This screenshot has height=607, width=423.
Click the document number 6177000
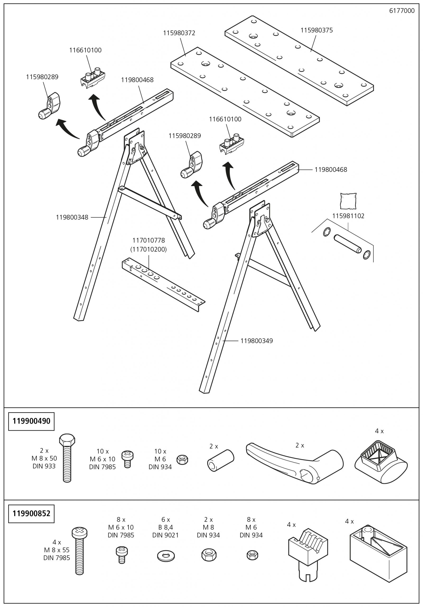pos(402,11)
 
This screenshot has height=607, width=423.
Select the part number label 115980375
pos(316,30)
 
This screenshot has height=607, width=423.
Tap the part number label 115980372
pos(179,33)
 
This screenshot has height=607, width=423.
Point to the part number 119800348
pos(72,217)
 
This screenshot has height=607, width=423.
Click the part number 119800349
pos(256,341)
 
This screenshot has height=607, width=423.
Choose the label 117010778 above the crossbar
pos(149,240)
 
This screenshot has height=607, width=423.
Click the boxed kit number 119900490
pos(32,421)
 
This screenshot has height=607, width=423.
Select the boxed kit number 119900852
pos(32,513)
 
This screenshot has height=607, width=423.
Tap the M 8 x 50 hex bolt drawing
pos(67,459)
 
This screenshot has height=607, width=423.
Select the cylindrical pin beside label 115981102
pos(347,243)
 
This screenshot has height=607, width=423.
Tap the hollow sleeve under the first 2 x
pos(220,460)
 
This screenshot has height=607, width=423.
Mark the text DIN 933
pos(44,466)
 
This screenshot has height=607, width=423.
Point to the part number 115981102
pos(348,216)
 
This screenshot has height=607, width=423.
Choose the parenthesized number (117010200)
pos(149,249)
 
